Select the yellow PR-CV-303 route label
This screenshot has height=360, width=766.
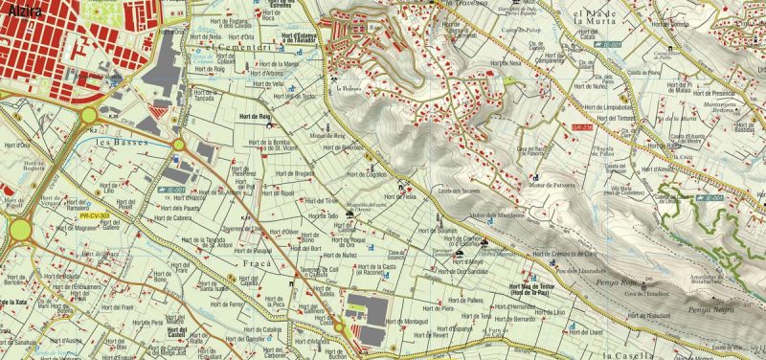[91, 216]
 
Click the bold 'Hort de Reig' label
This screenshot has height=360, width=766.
[254, 115]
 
